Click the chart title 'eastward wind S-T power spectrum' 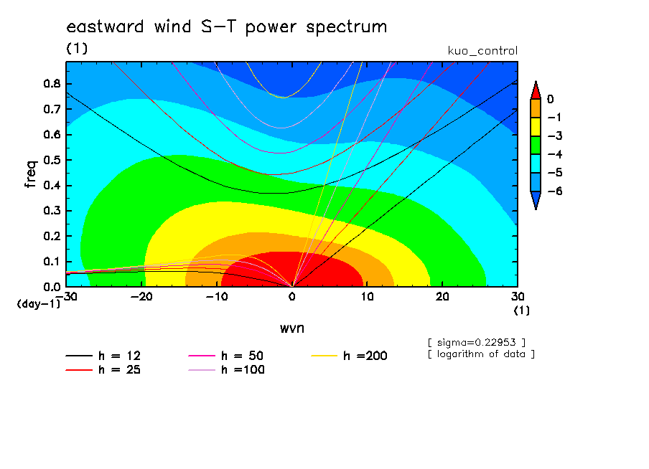coord(226,27)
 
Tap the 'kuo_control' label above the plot coord(482,51)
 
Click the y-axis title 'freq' coord(31,174)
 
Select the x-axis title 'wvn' coord(291,328)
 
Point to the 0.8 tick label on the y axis coord(52,83)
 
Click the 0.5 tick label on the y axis coord(52,160)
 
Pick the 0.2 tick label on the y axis coord(52,236)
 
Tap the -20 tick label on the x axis coord(141,297)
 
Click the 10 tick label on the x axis coord(367,297)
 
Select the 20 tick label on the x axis coord(442,297)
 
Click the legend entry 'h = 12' coord(103,356)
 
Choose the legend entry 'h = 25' coord(103,369)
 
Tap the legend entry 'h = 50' coord(226,356)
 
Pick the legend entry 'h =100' coord(226,369)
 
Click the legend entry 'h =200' coord(350,356)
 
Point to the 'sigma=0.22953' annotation coord(477,343)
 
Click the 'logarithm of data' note coord(482,354)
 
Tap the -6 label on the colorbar coord(555,191)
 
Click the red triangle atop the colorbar coord(536,91)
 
